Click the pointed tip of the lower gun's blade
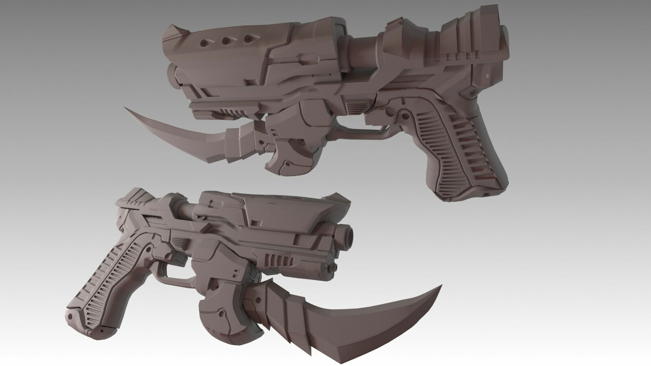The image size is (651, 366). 442,286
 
